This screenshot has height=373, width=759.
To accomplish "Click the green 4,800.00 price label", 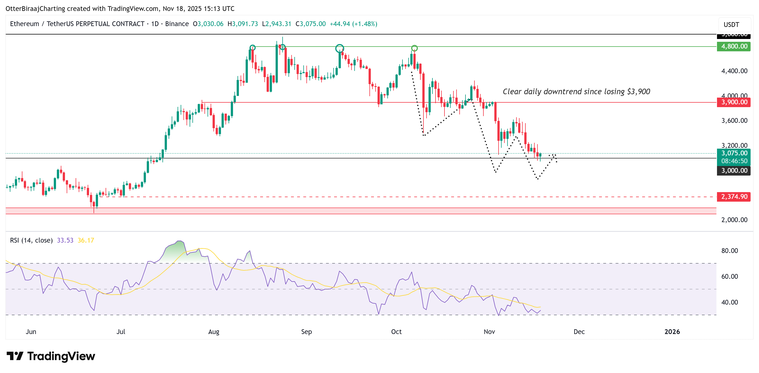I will [734, 46].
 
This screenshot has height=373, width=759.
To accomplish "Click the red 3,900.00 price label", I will [734, 102].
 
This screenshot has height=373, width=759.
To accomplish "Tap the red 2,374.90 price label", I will [734, 197].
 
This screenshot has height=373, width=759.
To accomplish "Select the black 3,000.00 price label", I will [734, 171].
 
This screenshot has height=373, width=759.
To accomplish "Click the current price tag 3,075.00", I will [734, 153].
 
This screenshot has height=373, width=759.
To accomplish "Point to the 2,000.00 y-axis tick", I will [734, 220].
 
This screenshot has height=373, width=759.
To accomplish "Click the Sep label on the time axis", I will [306, 332].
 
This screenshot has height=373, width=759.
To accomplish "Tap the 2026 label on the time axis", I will [672, 332].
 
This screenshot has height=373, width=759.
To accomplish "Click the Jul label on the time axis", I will [121, 332].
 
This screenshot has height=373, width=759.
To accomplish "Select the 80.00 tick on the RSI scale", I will [729, 251].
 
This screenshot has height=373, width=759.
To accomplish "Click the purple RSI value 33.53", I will [65, 240].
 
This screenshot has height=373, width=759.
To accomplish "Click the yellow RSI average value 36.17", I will [86, 240].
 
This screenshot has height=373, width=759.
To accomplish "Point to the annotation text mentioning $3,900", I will [576, 91].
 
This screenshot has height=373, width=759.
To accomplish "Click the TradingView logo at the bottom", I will [51, 356].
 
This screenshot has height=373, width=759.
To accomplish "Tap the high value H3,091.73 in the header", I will [243, 24].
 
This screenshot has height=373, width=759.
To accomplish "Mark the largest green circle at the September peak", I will [339, 49].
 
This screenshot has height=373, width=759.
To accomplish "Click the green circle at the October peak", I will [414, 48].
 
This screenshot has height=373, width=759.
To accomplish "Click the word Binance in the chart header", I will [177, 24].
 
